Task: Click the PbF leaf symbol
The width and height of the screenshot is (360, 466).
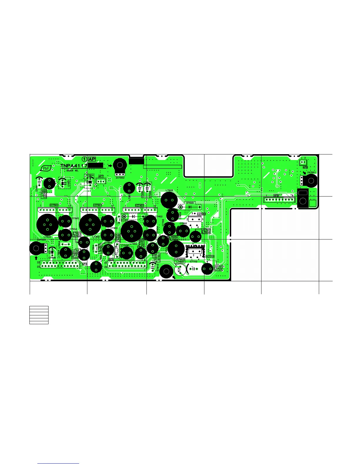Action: (46, 168)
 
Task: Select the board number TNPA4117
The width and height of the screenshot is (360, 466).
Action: (74, 166)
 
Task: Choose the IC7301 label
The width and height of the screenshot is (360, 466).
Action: (97, 205)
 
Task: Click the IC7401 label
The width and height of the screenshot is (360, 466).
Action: (139, 205)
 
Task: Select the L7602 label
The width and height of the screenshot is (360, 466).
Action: (169, 191)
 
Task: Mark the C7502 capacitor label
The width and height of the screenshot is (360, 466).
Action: (75, 218)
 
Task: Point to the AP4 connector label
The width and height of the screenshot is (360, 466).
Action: (111, 259)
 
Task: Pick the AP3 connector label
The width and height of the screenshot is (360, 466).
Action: (85, 264)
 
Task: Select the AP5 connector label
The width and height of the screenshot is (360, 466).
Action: (276, 195)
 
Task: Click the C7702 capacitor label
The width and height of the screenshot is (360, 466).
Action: (194, 261)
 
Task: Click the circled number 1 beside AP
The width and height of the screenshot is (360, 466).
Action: (84, 159)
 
